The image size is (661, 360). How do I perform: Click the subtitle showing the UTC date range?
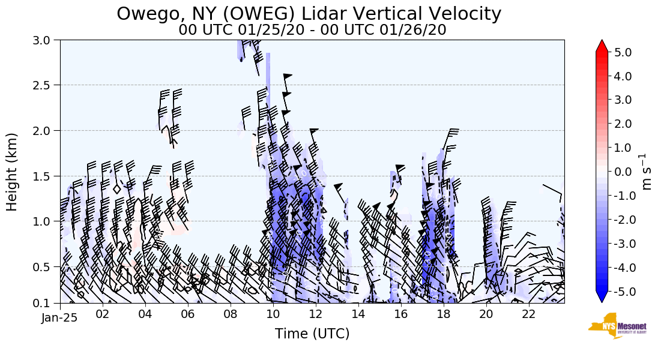point(312,30)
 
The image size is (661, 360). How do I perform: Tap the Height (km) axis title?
point(12,172)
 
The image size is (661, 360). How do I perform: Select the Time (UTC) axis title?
point(312,334)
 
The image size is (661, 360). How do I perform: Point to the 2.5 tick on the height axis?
point(45,85)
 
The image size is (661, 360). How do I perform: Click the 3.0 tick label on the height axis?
point(45,40)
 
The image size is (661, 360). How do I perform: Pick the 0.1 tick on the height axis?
point(45,303)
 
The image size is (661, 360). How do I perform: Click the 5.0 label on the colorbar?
point(624,52)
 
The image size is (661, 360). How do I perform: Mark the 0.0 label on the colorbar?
point(624,172)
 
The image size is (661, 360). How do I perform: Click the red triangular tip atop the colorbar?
point(602,46)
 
